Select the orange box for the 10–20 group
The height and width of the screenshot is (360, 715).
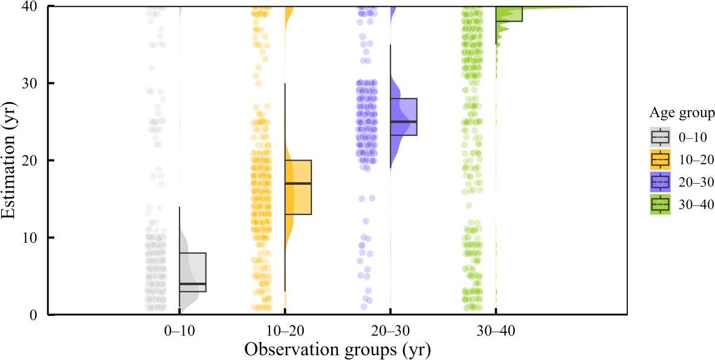[298, 187]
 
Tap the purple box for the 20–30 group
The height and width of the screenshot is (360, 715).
[404, 117]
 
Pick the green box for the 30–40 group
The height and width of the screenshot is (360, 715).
[509, 14]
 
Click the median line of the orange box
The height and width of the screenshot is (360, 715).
[298, 183]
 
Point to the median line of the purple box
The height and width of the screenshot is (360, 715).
[404, 121]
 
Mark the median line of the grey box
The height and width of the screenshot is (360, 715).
[193, 283]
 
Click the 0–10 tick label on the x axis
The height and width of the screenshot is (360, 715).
[180, 333]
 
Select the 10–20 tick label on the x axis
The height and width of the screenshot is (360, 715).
[285, 333]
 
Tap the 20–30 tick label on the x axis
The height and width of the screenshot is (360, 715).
[390, 333]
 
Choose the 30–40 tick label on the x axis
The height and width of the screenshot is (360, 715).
[496, 333]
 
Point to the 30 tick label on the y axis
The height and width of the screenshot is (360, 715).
[36, 83]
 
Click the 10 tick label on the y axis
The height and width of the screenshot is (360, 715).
[36, 237]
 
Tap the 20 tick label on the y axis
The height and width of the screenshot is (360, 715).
[36, 161]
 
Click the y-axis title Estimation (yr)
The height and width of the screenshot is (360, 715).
[11, 160]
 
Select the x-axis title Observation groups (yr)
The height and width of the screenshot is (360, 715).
[337, 350]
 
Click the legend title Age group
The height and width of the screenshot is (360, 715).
[682, 112]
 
